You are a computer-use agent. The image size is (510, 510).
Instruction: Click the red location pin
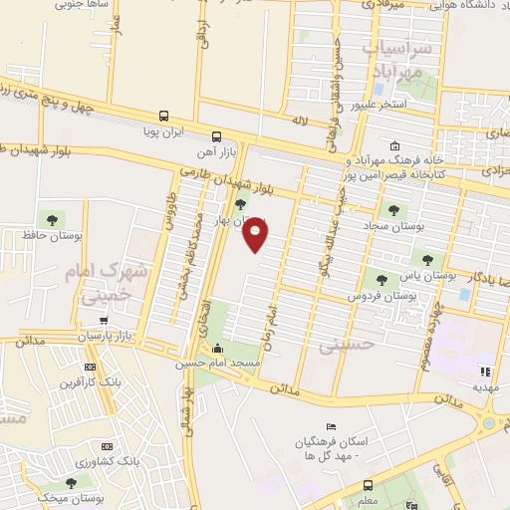pyautogui.click(x=256, y=234)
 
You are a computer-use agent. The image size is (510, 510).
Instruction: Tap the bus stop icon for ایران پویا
pyautogui.click(x=162, y=115)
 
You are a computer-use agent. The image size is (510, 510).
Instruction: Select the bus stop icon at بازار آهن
pyautogui.click(x=216, y=136)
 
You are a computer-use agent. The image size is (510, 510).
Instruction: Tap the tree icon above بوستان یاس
pyautogui.click(x=427, y=259)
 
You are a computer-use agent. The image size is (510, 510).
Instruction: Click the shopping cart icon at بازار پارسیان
pyautogui.click(x=106, y=321)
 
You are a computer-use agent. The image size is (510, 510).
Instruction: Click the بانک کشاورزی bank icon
pyautogui.click(x=107, y=448)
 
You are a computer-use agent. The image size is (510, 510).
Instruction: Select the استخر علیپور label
pyautogui.click(x=378, y=103)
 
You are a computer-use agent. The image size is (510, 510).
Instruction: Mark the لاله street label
pyautogui.click(x=298, y=121)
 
